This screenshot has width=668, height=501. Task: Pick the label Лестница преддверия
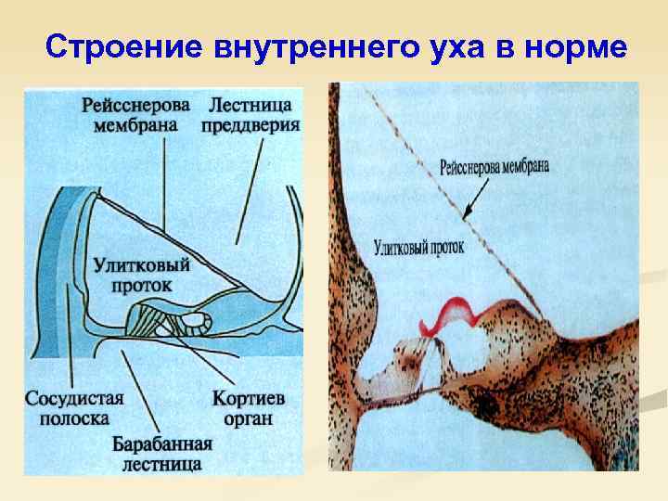pyautogui.click(x=252, y=113)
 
